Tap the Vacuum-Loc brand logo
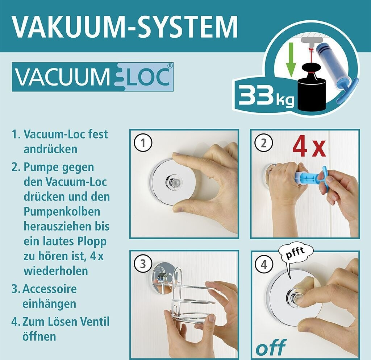click(92, 77)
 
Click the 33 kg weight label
click(266, 95)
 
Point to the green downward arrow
click(291, 60)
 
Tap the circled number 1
click(143, 143)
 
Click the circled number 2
click(264, 143)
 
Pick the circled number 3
click(143, 264)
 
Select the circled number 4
click(264, 264)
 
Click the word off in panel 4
click(271, 347)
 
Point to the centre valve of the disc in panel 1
click(174, 182)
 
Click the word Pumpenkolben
click(62, 211)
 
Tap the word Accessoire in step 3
click(49, 289)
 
